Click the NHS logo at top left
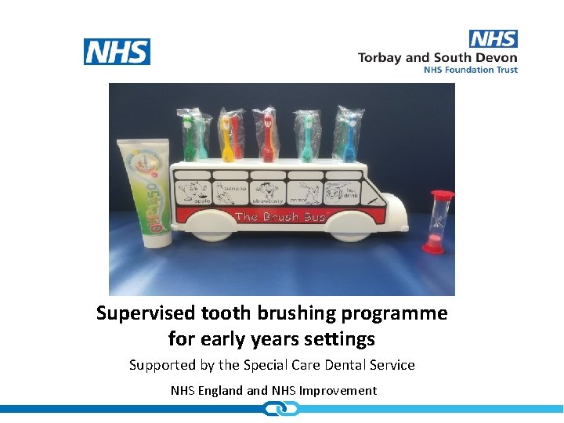[x=117, y=52]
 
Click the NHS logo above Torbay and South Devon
[x=493, y=38]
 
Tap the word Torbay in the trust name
[x=382, y=57]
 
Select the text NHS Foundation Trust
[x=470, y=70]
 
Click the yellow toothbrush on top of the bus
[x=226, y=137]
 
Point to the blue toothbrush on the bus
[x=347, y=138]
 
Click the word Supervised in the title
[x=146, y=313]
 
